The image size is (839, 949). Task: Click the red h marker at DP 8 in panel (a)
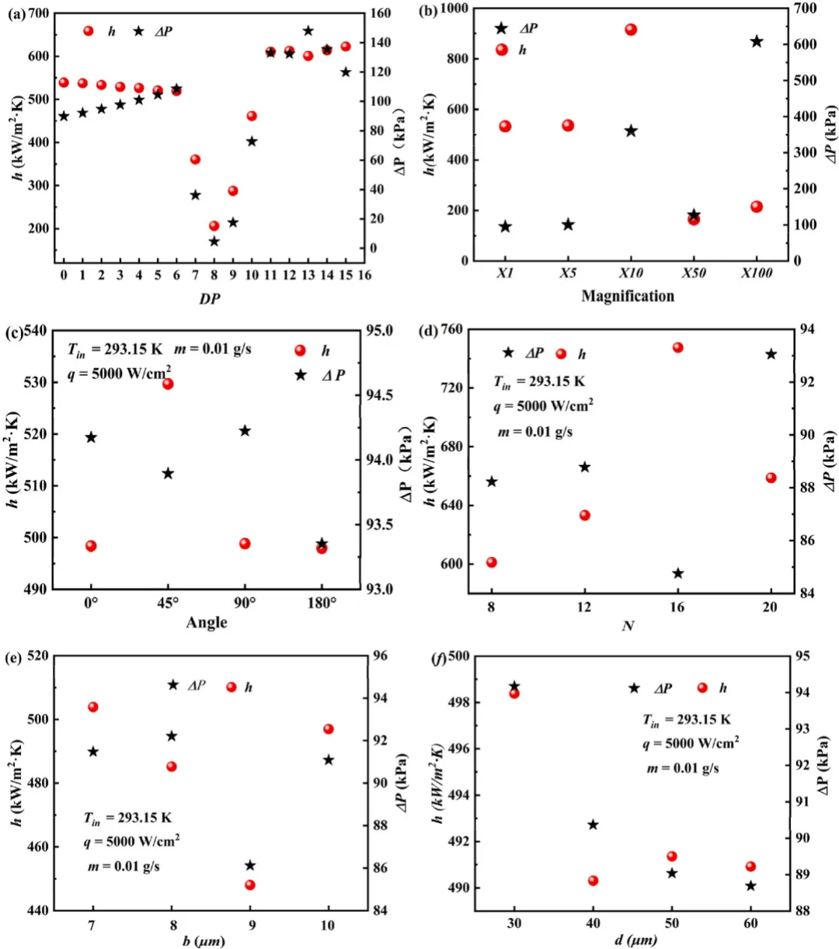click(214, 226)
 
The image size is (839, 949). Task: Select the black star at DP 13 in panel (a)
click(308, 31)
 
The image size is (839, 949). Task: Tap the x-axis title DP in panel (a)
click(210, 298)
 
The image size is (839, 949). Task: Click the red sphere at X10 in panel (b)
click(631, 30)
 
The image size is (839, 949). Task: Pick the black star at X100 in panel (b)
click(757, 42)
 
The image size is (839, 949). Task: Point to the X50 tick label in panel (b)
click(693, 274)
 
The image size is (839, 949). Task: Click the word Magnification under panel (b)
click(628, 296)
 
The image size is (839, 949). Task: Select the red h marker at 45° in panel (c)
click(168, 384)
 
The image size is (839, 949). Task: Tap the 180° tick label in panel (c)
click(322, 602)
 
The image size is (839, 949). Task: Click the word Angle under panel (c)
click(207, 622)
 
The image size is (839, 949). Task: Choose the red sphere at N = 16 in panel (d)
click(677, 347)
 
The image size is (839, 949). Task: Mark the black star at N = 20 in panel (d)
click(771, 354)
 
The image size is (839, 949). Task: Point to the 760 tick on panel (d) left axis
click(451, 329)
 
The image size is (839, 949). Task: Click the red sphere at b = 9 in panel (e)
click(250, 885)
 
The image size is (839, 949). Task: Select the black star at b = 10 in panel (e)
click(329, 760)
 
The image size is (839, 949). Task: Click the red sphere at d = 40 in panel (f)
click(593, 881)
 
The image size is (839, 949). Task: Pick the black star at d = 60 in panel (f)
click(750, 886)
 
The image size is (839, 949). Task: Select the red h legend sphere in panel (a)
click(89, 31)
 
